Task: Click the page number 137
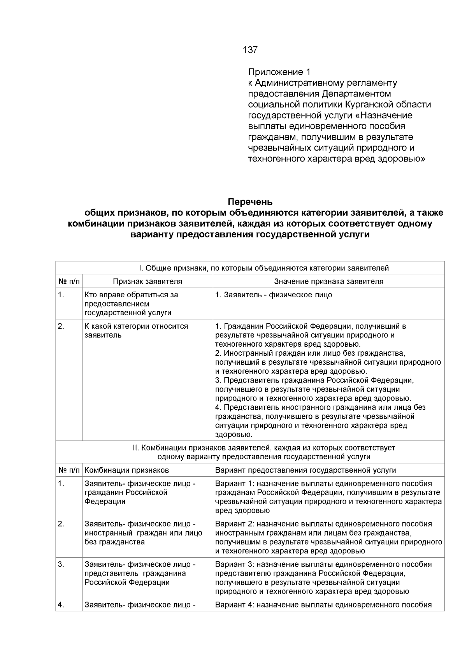(x=250, y=50)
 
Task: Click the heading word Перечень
(x=250, y=202)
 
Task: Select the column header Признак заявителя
(x=147, y=281)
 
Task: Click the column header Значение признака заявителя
(x=328, y=281)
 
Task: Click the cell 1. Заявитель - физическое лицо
(x=274, y=295)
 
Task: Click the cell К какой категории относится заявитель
(x=136, y=331)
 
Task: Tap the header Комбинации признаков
(x=126, y=470)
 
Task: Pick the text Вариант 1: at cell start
(x=235, y=484)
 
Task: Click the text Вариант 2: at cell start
(x=235, y=524)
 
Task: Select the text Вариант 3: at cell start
(x=235, y=565)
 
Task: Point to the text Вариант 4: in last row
(x=235, y=605)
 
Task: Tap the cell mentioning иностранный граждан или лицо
(x=143, y=533)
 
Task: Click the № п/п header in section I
(x=69, y=281)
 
